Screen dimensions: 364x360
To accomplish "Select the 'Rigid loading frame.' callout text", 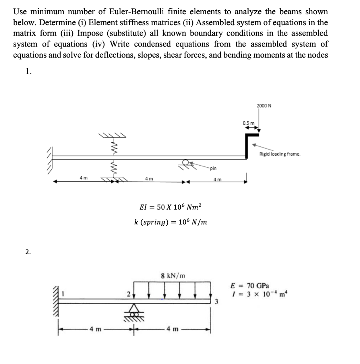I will tap(280, 154).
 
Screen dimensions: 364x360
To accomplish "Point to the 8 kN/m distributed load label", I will tap(173, 275).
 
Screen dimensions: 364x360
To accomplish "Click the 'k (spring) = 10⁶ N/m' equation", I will tap(171, 222).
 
